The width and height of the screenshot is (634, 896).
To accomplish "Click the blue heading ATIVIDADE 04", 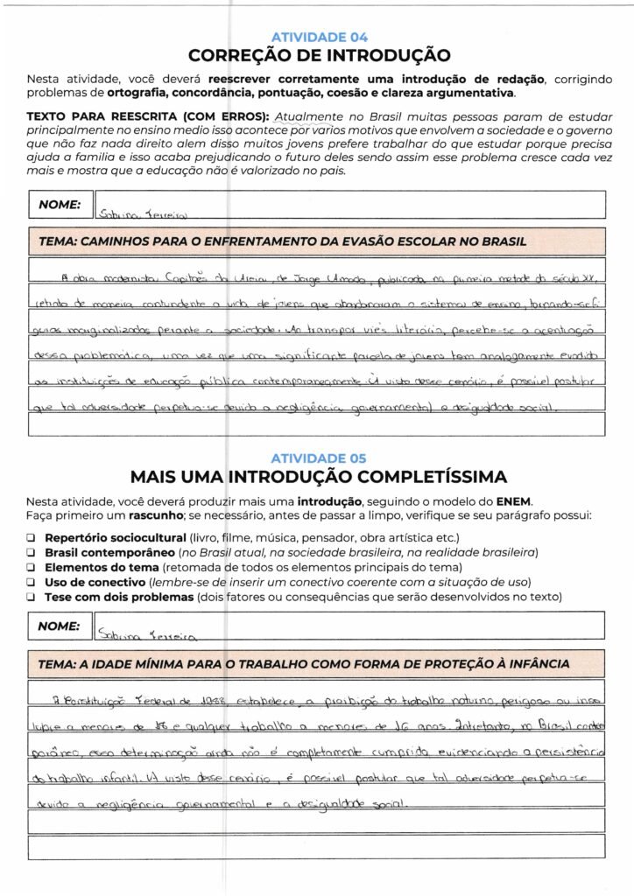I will (319, 38).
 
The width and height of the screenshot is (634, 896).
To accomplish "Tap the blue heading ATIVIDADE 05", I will (319, 458).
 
